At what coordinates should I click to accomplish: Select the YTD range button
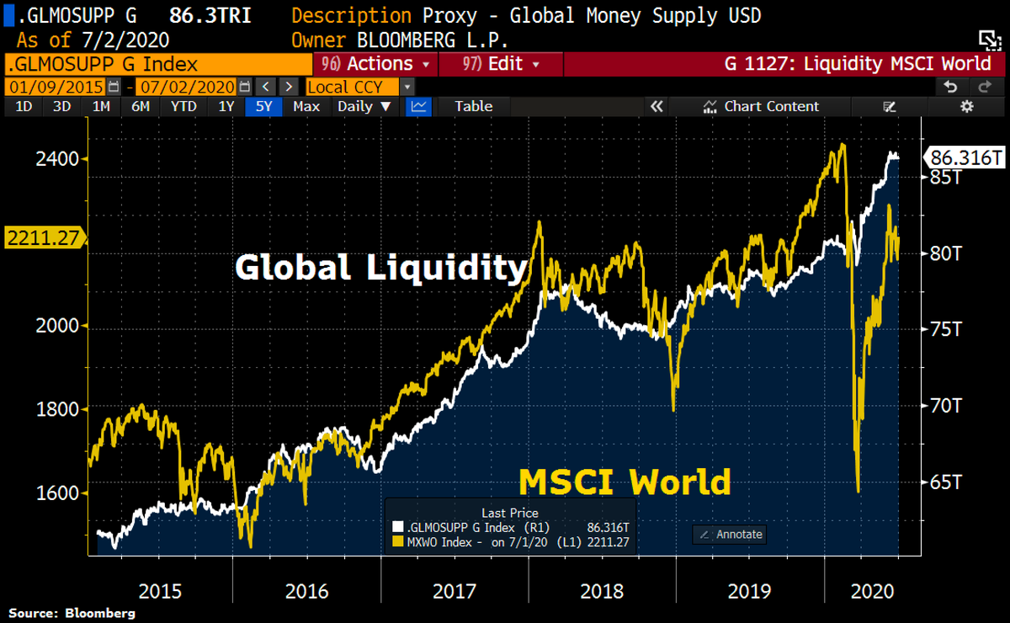point(183,106)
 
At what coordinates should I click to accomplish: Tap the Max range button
point(306,106)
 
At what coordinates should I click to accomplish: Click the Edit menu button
point(501,64)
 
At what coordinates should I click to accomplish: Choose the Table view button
point(473,106)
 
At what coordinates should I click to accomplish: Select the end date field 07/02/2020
point(187,87)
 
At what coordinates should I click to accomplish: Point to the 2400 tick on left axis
point(56,158)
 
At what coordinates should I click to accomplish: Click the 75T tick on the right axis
point(944,329)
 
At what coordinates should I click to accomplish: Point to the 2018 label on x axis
point(602,591)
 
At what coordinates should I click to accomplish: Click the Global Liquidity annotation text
point(380,268)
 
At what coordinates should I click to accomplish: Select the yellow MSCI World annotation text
point(624,482)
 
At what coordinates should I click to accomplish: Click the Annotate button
point(730,534)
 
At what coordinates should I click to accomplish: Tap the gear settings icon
point(966,106)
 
